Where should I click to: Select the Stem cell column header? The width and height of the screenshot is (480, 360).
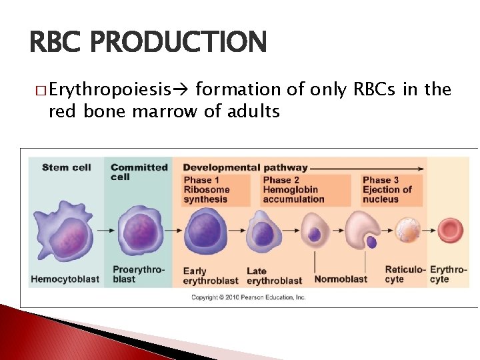click(x=66, y=167)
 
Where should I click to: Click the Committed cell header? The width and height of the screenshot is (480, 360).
click(x=139, y=171)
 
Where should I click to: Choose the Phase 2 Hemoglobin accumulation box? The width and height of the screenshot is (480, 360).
click(x=293, y=189)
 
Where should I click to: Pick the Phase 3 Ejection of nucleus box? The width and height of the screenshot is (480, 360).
click(x=387, y=189)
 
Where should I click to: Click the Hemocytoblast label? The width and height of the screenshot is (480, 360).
click(x=65, y=279)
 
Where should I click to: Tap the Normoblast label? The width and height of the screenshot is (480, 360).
click(x=341, y=279)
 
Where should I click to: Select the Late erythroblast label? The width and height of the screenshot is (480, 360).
click(x=274, y=276)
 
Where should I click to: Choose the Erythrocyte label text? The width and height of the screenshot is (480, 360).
click(x=449, y=275)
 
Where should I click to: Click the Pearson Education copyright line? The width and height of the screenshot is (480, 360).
click(x=248, y=297)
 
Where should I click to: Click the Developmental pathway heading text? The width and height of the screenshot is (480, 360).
click(x=245, y=167)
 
